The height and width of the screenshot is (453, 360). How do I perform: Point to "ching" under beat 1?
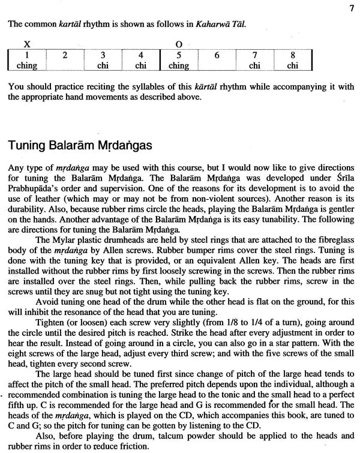tap(26, 65)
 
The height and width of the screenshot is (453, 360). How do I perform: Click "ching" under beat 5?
tap(179, 65)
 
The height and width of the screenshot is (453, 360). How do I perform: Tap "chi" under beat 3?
tap(103, 65)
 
